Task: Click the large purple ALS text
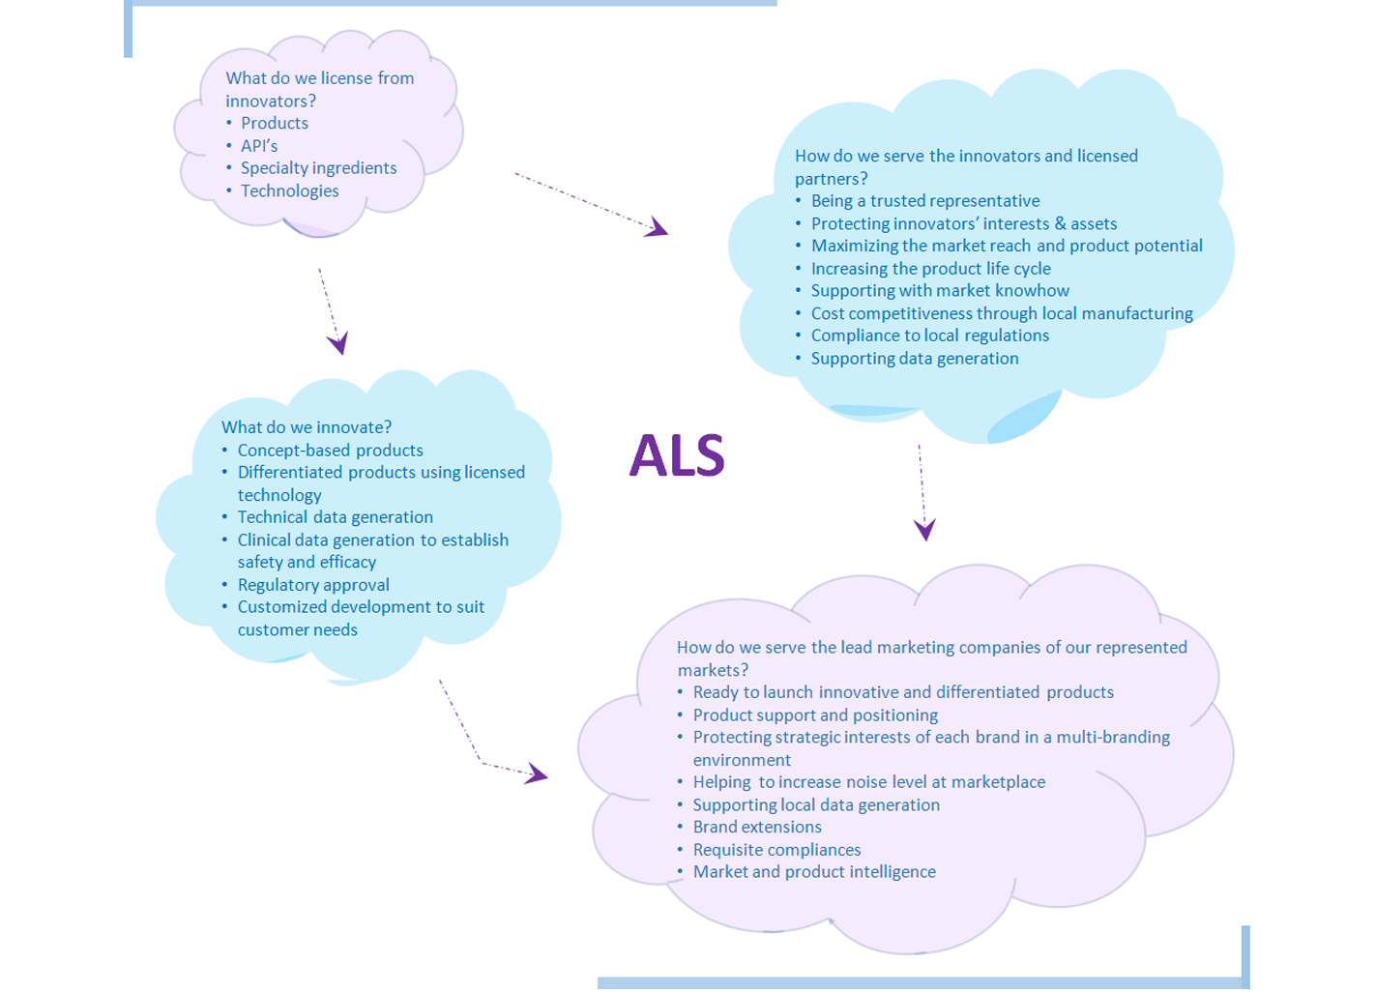677,455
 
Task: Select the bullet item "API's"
259,146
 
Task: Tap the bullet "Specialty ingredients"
318,168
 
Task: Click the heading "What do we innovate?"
307,427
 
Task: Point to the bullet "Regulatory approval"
313,585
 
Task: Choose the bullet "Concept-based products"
330,451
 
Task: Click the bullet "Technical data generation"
335,517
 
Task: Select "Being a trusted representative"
925,201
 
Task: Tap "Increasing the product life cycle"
930,269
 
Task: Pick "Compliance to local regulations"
929,336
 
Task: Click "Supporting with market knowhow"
940,291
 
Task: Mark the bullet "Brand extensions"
757,828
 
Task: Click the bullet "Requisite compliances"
776,850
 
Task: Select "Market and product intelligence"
814,872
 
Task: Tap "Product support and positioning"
815,715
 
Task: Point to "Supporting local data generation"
816,805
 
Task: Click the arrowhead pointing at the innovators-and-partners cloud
658,228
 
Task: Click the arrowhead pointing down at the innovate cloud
338,342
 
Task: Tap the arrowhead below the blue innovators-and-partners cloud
924,529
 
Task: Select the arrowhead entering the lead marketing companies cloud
537,773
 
